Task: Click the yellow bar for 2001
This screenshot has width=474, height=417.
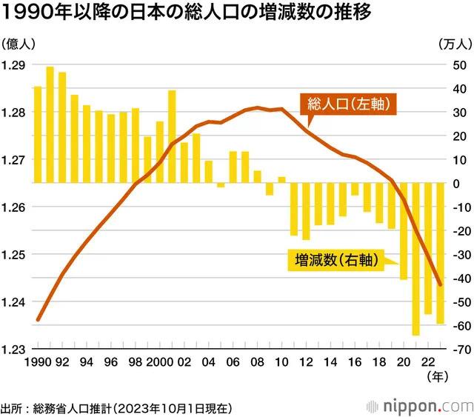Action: (x=172, y=136)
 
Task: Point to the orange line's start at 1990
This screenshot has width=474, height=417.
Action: (x=38, y=319)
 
